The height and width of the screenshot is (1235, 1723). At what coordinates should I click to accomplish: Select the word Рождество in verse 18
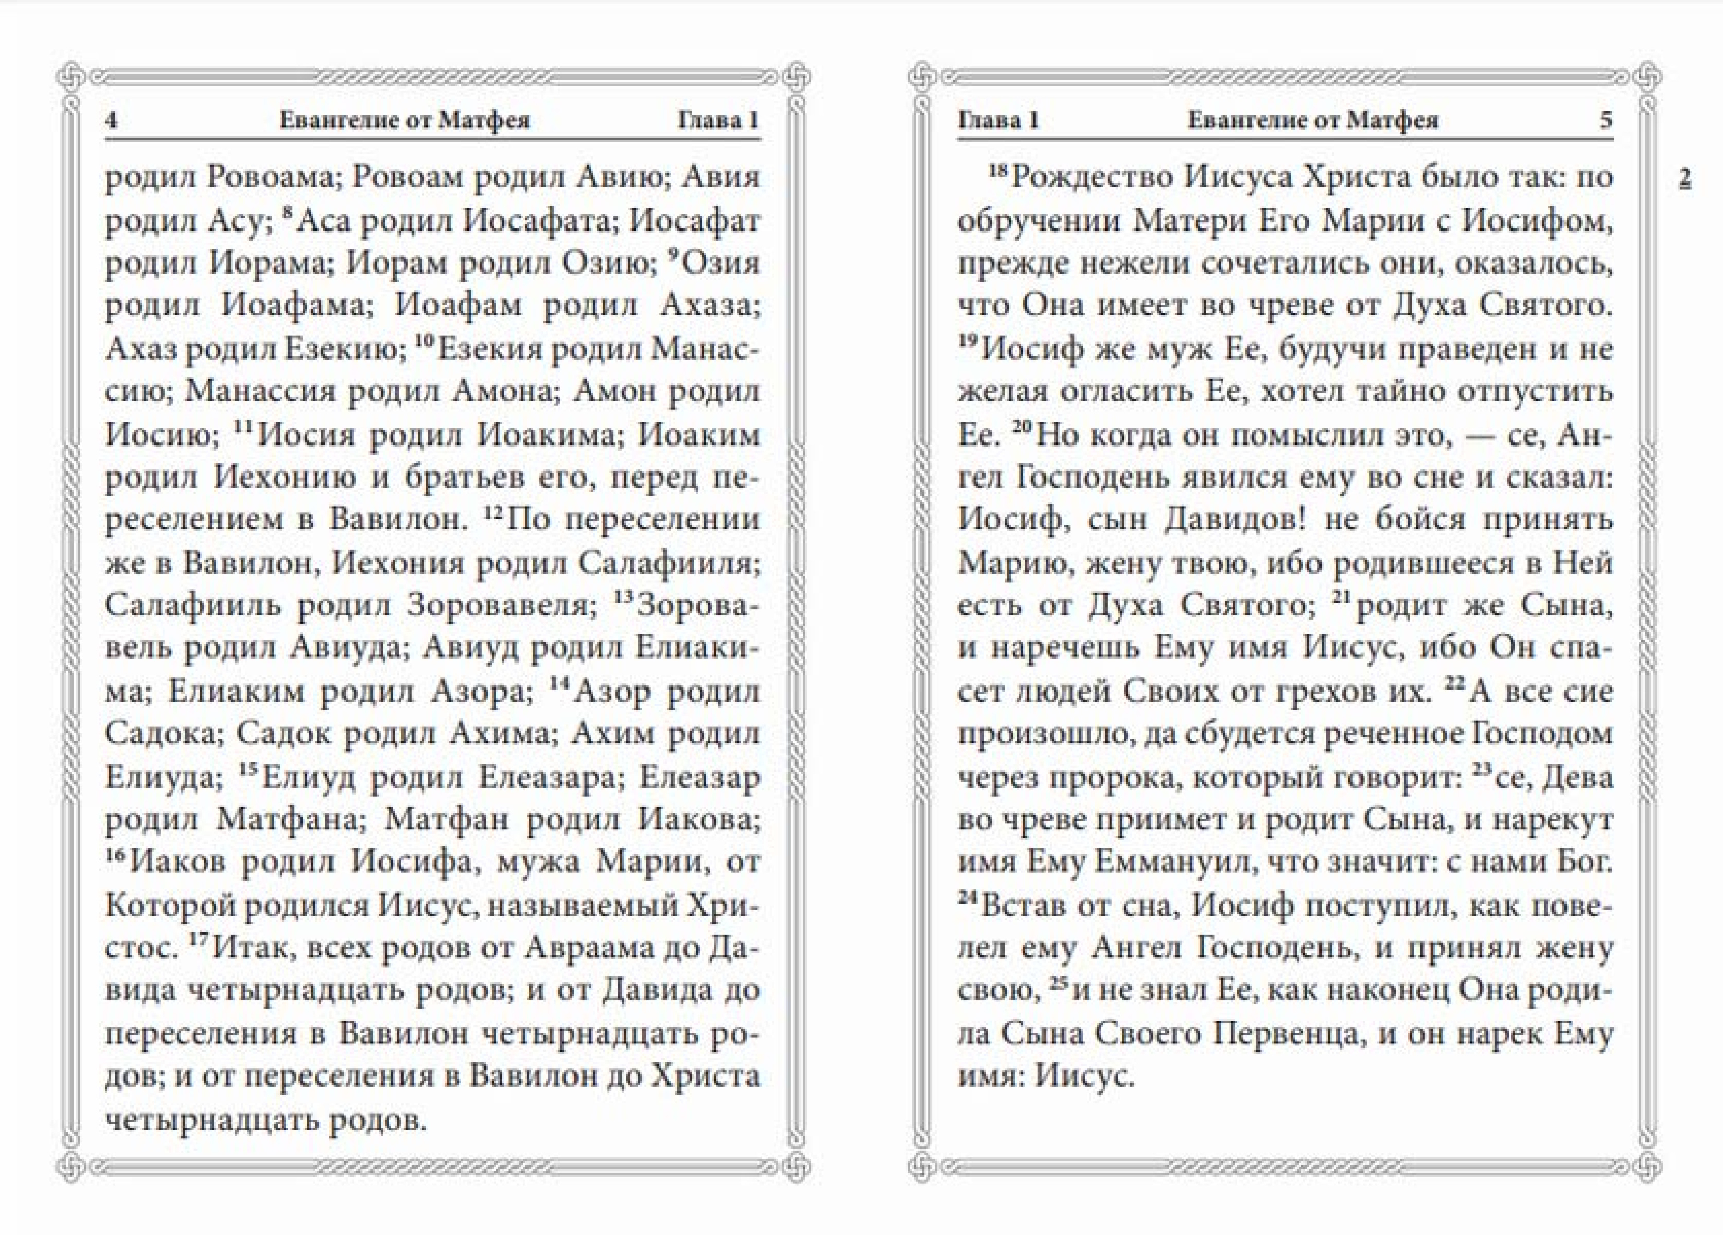[x=1092, y=178]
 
